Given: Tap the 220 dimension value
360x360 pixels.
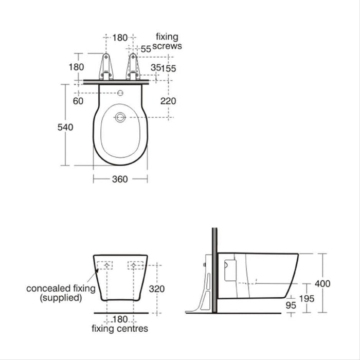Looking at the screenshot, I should (168, 101).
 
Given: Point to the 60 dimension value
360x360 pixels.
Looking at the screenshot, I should (78, 101).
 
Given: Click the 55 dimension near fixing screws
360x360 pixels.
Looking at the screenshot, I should (146, 49).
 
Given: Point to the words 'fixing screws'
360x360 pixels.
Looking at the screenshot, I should (168, 41).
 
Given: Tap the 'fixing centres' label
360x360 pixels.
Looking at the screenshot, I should (120, 328).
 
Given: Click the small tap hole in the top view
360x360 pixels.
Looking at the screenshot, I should (120, 94).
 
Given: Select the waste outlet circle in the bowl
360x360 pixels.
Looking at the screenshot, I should (120, 117).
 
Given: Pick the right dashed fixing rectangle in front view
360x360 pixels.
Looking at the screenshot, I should (135, 266).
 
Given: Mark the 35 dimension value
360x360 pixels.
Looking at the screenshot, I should (155, 67).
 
